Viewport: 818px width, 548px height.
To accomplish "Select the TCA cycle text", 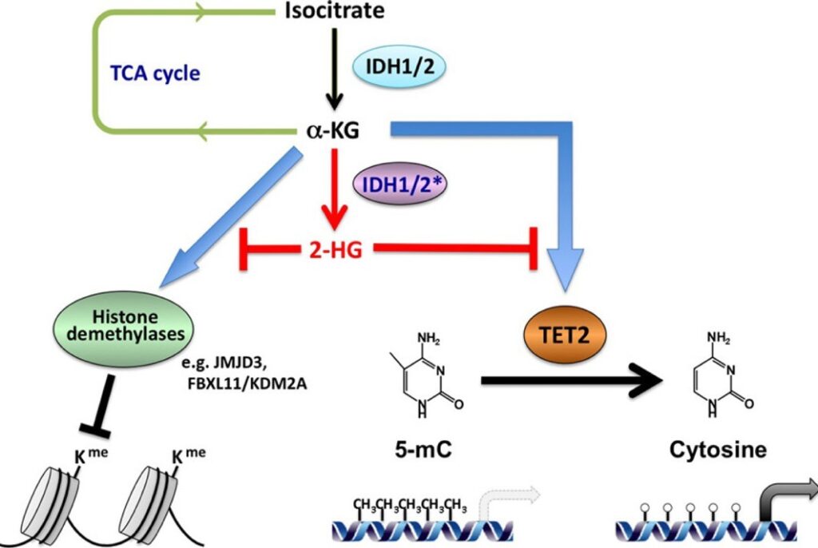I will (155, 74).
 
